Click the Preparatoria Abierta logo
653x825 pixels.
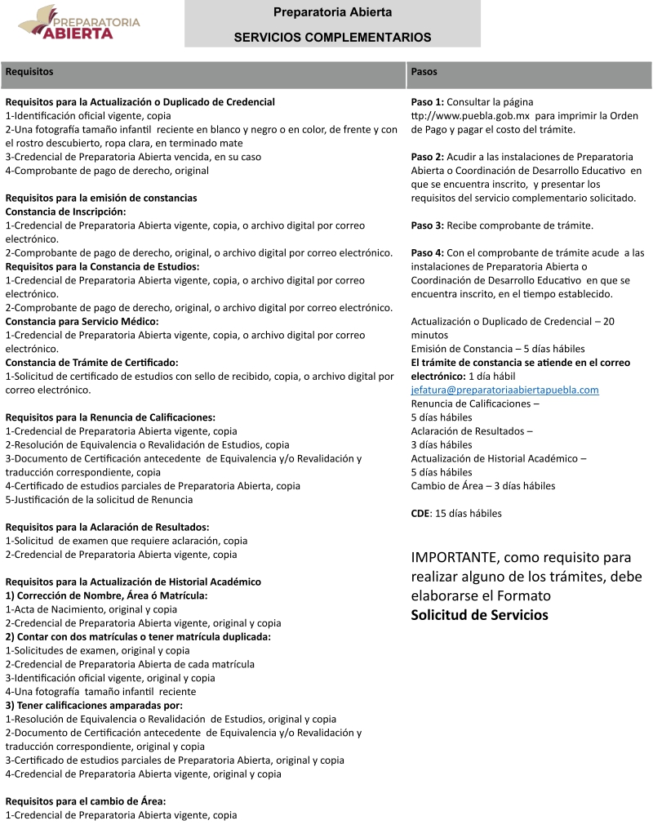point(79,24)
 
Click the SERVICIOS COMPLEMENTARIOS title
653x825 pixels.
point(332,37)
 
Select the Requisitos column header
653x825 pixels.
point(29,72)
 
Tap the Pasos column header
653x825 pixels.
point(424,72)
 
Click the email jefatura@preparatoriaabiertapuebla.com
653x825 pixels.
point(504,390)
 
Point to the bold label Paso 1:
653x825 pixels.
point(428,102)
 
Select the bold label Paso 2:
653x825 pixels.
point(428,157)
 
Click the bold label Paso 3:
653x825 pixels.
point(428,225)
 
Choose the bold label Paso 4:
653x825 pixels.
point(428,253)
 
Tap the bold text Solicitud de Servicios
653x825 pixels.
point(479,615)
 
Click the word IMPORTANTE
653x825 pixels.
point(455,558)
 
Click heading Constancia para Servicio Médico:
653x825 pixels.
point(82,322)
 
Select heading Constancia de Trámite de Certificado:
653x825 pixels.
point(91,363)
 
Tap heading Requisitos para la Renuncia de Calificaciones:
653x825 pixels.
point(110,417)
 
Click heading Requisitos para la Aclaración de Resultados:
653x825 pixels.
point(107,528)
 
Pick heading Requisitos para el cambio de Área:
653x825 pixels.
point(86,801)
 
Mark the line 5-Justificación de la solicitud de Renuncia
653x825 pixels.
point(100,500)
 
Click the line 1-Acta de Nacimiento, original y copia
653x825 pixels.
point(91,609)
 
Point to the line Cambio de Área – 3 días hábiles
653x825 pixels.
point(483,486)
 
